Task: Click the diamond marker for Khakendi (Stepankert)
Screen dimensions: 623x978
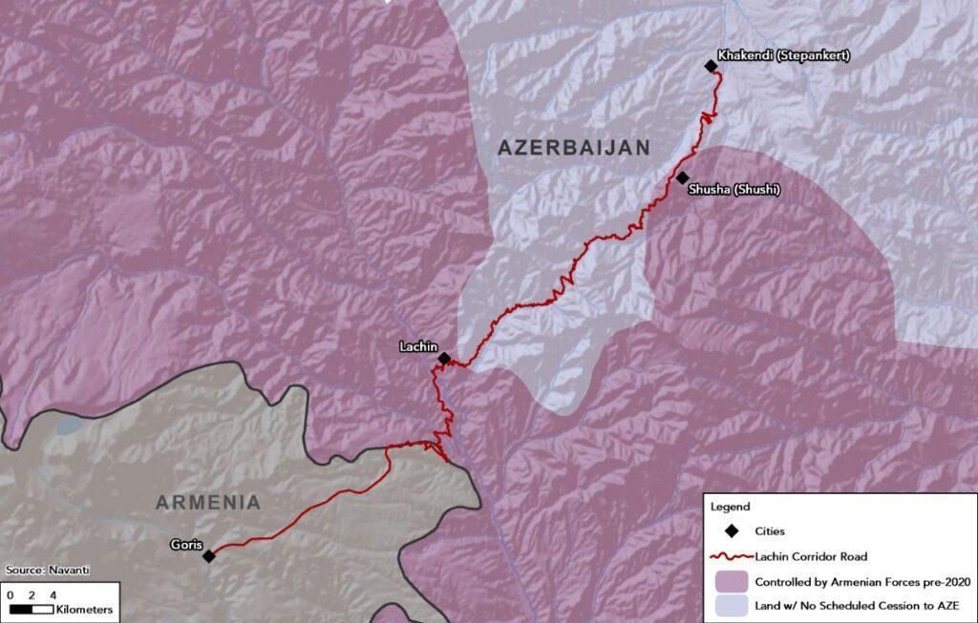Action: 711,66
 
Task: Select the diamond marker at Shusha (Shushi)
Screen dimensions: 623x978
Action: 682,177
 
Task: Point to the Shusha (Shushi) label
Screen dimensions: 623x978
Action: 734,190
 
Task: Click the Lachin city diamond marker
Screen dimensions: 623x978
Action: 444,359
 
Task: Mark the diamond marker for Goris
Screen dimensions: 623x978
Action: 208,555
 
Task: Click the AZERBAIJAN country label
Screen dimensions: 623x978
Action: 574,148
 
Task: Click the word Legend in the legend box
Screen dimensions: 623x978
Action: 731,507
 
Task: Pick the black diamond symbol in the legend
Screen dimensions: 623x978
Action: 733,530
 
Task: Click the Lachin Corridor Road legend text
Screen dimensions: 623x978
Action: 811,556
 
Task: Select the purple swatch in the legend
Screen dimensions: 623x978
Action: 732,581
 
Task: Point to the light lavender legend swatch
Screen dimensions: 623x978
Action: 732,605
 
